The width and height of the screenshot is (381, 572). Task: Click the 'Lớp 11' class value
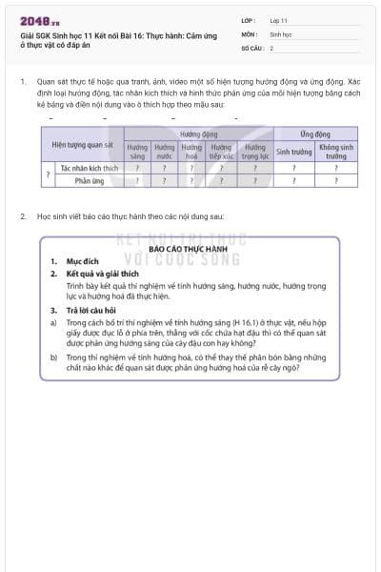point(278,19)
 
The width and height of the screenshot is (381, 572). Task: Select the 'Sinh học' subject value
point(280,32)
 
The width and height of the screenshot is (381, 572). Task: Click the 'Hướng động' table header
point(198,134)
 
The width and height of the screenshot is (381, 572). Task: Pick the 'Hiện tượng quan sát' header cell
point(81,144)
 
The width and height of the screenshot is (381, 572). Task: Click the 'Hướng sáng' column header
point(137,151)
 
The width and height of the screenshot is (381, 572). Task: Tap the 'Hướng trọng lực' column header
point(254,151)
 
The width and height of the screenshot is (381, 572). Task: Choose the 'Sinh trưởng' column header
point(295,151)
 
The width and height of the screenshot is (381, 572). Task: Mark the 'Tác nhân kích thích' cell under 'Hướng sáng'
point(137,167)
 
